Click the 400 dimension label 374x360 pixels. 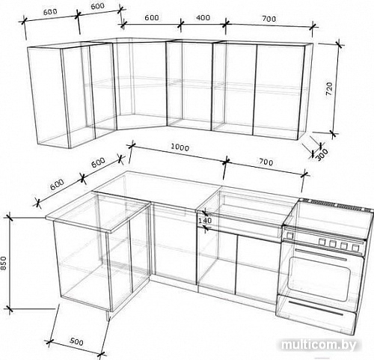point(203,18)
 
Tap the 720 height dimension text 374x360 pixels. point(329,89)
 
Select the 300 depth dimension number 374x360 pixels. point(322,154)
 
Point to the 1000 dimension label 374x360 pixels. point(180,147)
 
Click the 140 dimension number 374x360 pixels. point(205,221)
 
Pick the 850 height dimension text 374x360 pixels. point(4,263)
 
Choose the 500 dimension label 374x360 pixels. point(76,341)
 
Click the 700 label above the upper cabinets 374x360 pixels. point(269,19)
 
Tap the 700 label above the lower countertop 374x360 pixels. point(266,162)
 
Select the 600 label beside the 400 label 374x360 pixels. point(152,17)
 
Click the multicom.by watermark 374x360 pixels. point(319,345)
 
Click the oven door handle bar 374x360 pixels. point(322,254)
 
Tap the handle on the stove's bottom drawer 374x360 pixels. point(316,308)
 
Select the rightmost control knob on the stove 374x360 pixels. point(355,248)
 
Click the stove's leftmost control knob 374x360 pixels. point(289,235)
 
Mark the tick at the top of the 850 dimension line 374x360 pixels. point(10,218)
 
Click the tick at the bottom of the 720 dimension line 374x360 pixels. point(332,133)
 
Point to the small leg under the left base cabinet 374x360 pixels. point(108,316)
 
